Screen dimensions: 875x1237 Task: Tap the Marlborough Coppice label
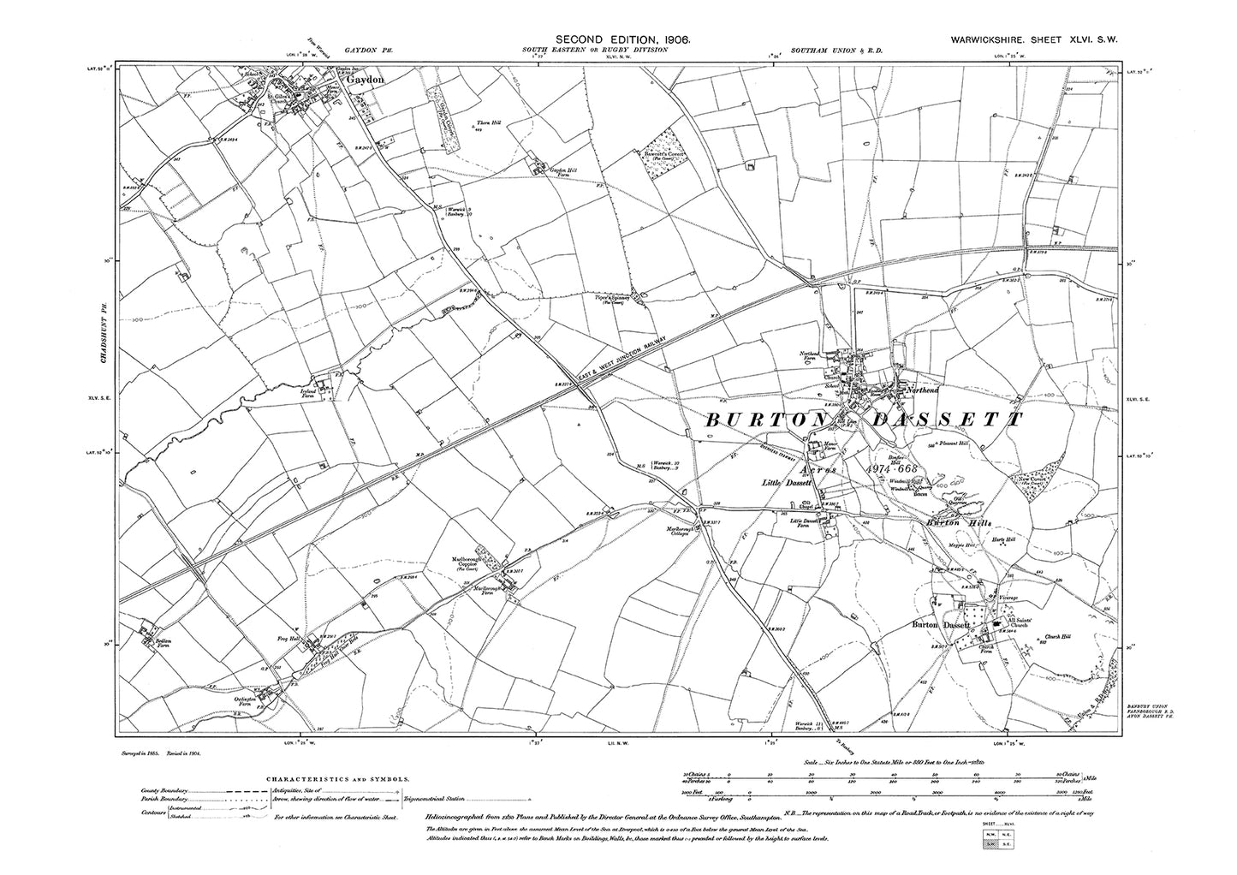469,563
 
